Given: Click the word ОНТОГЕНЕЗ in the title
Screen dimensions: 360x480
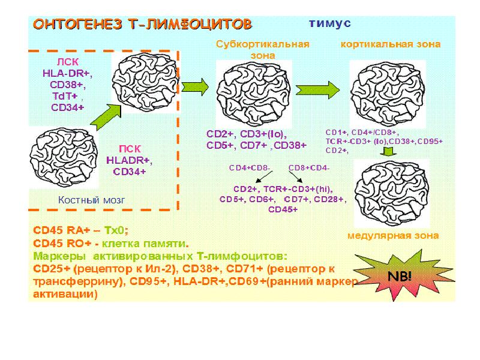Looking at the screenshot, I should coord(70,25).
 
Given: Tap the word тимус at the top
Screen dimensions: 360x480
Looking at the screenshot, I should coord(328,23).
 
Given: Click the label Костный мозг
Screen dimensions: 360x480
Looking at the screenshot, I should coord(92,200).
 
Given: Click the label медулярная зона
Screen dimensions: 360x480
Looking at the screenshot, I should coord(393,236).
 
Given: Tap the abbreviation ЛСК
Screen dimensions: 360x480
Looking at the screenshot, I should coord(67,62).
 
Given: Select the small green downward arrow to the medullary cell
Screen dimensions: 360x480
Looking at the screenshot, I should coord(388,154).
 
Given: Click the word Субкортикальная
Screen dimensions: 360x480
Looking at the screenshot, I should coord(263,44).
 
